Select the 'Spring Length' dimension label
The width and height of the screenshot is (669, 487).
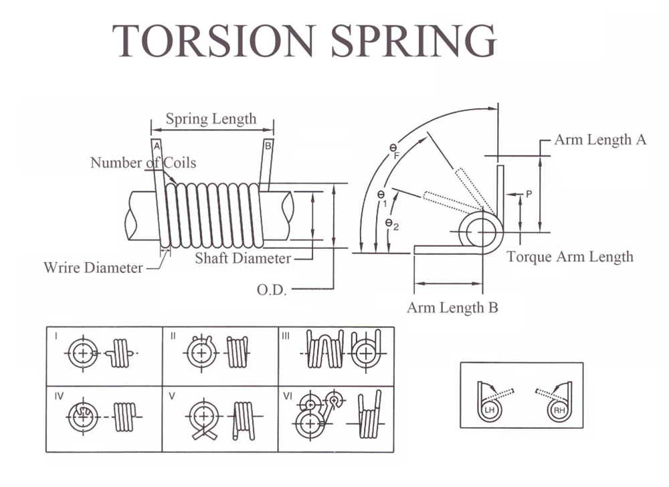pyautogui.click(x=211, y=119)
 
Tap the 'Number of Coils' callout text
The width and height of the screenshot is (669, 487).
pyautogui.click(x=143, y=163)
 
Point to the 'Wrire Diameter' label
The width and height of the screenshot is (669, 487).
pyautogui.click(x=93, y=268)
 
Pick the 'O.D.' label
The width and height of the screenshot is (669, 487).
pyautogui.click(x=272, y=290)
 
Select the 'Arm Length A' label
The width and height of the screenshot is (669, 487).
pyautogui.click(x=600, y=140)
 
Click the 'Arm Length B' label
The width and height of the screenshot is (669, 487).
pyautogui.click(x=452, y=308)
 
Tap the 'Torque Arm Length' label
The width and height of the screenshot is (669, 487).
pyautogui.click(x=569, y=256)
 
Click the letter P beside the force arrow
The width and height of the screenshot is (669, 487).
pyautogui.click(x=529, y=194)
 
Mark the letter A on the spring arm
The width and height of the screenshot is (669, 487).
pyautogui.click(x=155, y=145)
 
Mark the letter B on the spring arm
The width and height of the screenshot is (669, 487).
pyautogui.click(x=268, y=145)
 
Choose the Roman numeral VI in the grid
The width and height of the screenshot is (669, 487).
pyautogui.click(x=288, y=395)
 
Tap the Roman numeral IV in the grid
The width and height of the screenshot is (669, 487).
pyautogui.click(x=58, y=395)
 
